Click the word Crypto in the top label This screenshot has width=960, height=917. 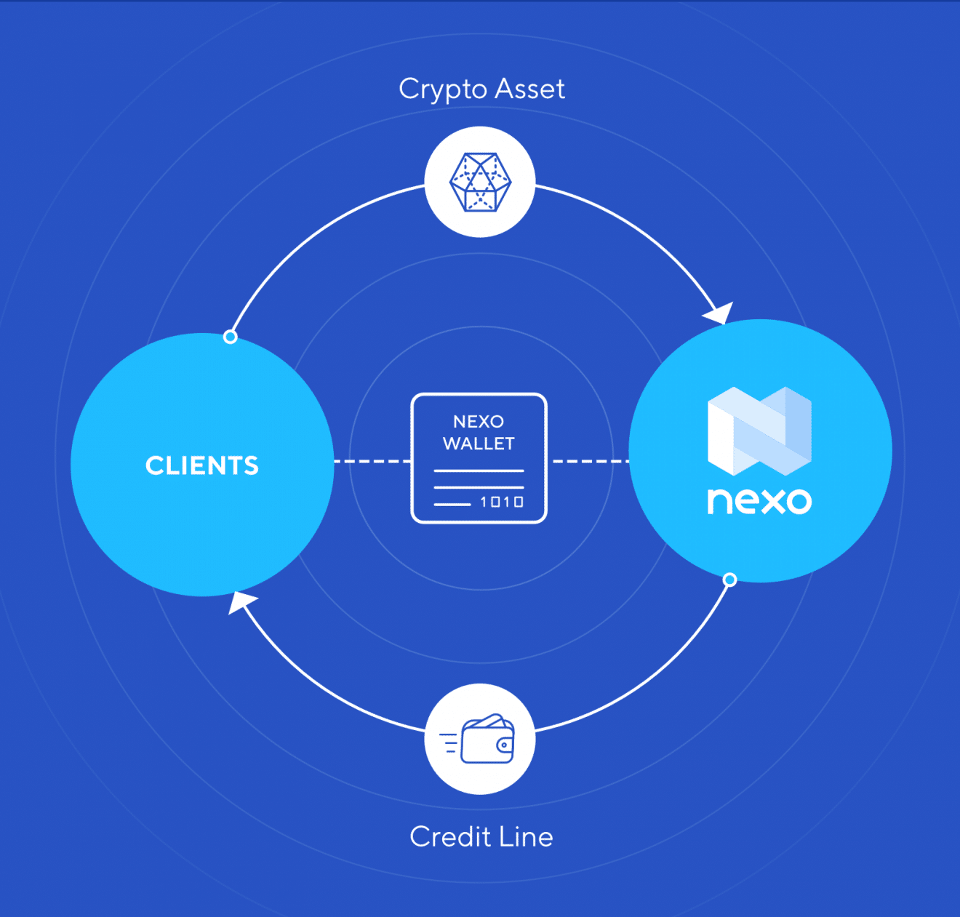pos(442,89)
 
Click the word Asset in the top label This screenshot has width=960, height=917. pos(529,89)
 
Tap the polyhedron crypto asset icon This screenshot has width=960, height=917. pos(480,182)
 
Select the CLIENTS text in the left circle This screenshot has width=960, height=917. pos(202,465)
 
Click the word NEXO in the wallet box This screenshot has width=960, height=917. pos(479,422)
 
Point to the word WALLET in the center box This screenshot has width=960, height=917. pos(479,444)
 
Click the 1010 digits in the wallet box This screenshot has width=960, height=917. pos(502,502)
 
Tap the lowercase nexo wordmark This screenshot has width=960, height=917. pos(759,501)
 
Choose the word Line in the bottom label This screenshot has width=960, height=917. pos(526,837)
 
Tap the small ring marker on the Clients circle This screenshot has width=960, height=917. pos(231,337)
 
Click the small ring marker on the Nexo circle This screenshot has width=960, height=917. pos(730,580)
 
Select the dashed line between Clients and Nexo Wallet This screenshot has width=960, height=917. pos(372,461)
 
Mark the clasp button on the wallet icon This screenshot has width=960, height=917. pos(504,745)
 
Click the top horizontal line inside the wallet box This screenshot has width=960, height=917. pos(479,471)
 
